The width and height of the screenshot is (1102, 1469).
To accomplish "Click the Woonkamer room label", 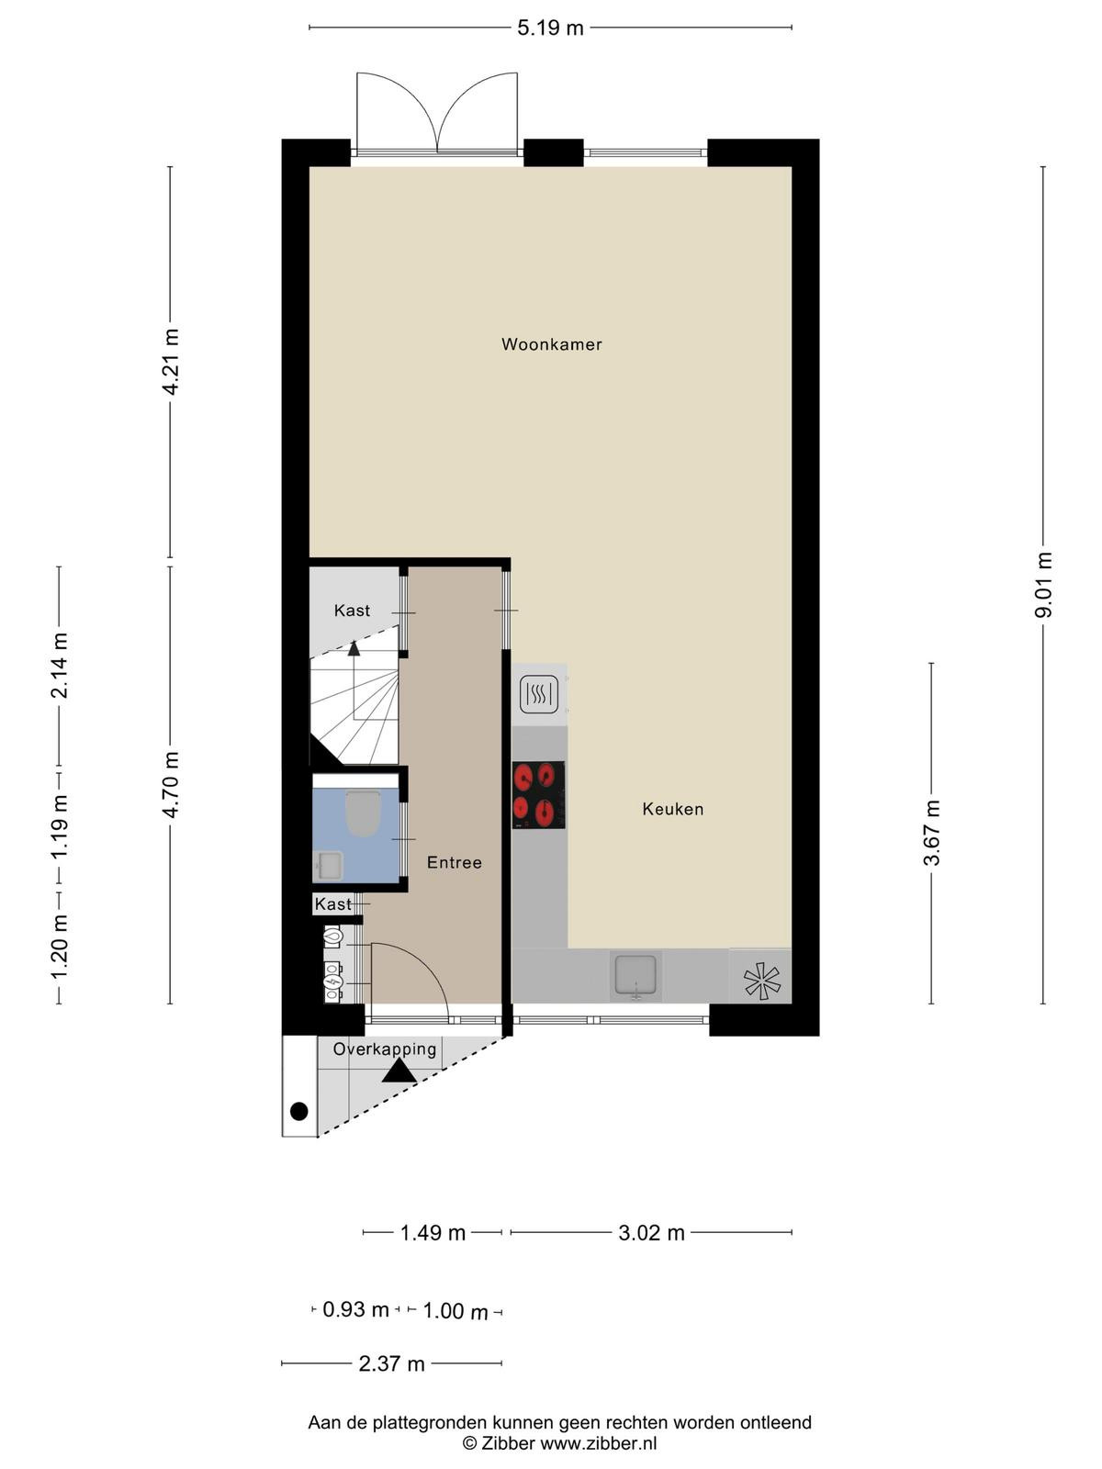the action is [x=551, y=344].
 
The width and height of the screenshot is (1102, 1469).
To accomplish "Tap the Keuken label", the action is [x=672, y=809].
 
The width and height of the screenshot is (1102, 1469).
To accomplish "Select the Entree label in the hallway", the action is [x=455, y=863].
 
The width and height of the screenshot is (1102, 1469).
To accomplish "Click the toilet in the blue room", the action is [x=363, y=813].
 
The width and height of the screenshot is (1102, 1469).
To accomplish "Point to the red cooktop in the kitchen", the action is [x=539, y=795].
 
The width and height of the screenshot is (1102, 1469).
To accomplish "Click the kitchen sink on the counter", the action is [x=635, y=975].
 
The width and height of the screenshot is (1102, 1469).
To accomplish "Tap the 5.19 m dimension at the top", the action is [x=550, y=28].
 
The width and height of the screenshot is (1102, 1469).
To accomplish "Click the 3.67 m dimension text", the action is [x=931, y=833].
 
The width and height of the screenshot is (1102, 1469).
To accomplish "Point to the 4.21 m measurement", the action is [x=171, y=362].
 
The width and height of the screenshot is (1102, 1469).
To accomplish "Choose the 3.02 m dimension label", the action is [x=651, y=1233].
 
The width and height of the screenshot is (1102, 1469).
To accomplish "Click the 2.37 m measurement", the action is [x=391, y=1363].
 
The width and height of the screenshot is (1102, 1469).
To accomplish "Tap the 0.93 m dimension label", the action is [x=355, y=1309].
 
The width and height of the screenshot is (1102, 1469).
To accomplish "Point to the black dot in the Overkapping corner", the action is [x=299, y=1112].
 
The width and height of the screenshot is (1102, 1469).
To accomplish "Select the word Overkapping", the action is [x=385, y=1048].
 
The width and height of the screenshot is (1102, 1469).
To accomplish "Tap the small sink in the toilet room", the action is [x=328, y=866].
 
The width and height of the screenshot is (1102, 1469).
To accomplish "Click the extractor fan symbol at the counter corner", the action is [x=762, y=981].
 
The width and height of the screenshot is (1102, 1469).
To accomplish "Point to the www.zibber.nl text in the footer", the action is [x=598, y=1443].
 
